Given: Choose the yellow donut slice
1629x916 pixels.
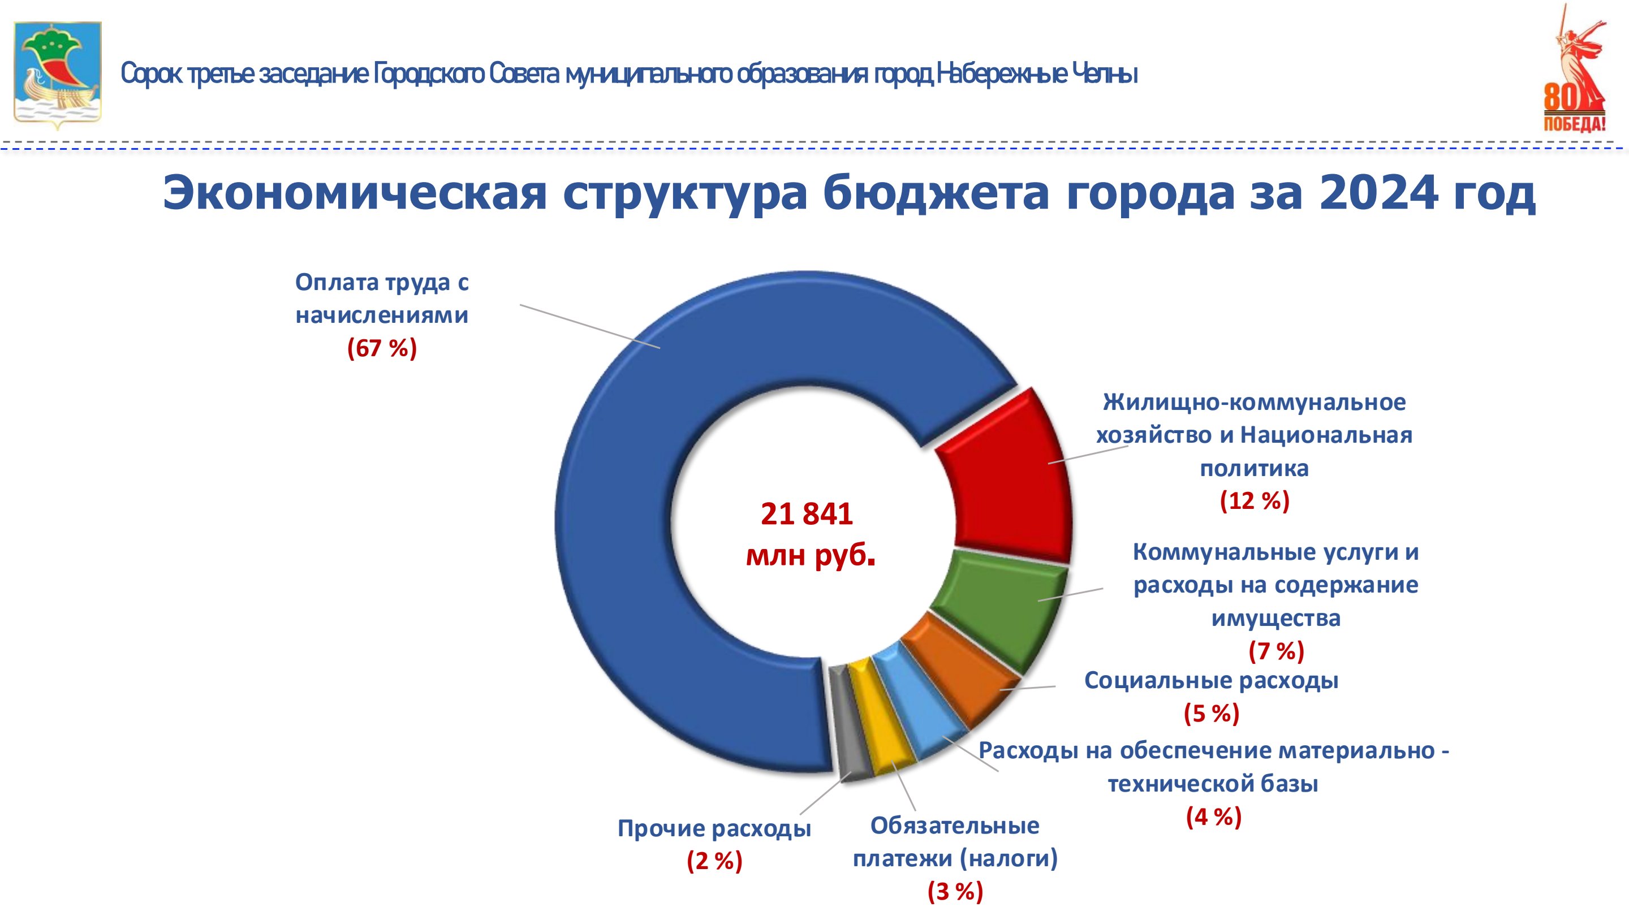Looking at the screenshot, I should pos(879,721).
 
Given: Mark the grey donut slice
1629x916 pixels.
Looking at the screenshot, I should pos(847,727).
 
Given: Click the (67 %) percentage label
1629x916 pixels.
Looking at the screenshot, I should pos(382,348).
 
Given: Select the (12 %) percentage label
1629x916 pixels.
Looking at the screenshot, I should pos(1254,500).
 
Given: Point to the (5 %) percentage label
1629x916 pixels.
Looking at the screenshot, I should pos(1211,714).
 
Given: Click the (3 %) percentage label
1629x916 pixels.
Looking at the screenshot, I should pos(955,891).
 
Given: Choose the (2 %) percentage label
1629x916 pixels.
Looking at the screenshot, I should pos(714,861).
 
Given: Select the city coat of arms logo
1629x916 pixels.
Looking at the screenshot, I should pos(58,75).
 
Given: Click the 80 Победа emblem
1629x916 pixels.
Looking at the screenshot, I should pos(1574,70).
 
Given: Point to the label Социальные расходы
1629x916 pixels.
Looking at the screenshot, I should pos(1211,681).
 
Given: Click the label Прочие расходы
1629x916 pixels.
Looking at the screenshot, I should pos(714,828).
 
